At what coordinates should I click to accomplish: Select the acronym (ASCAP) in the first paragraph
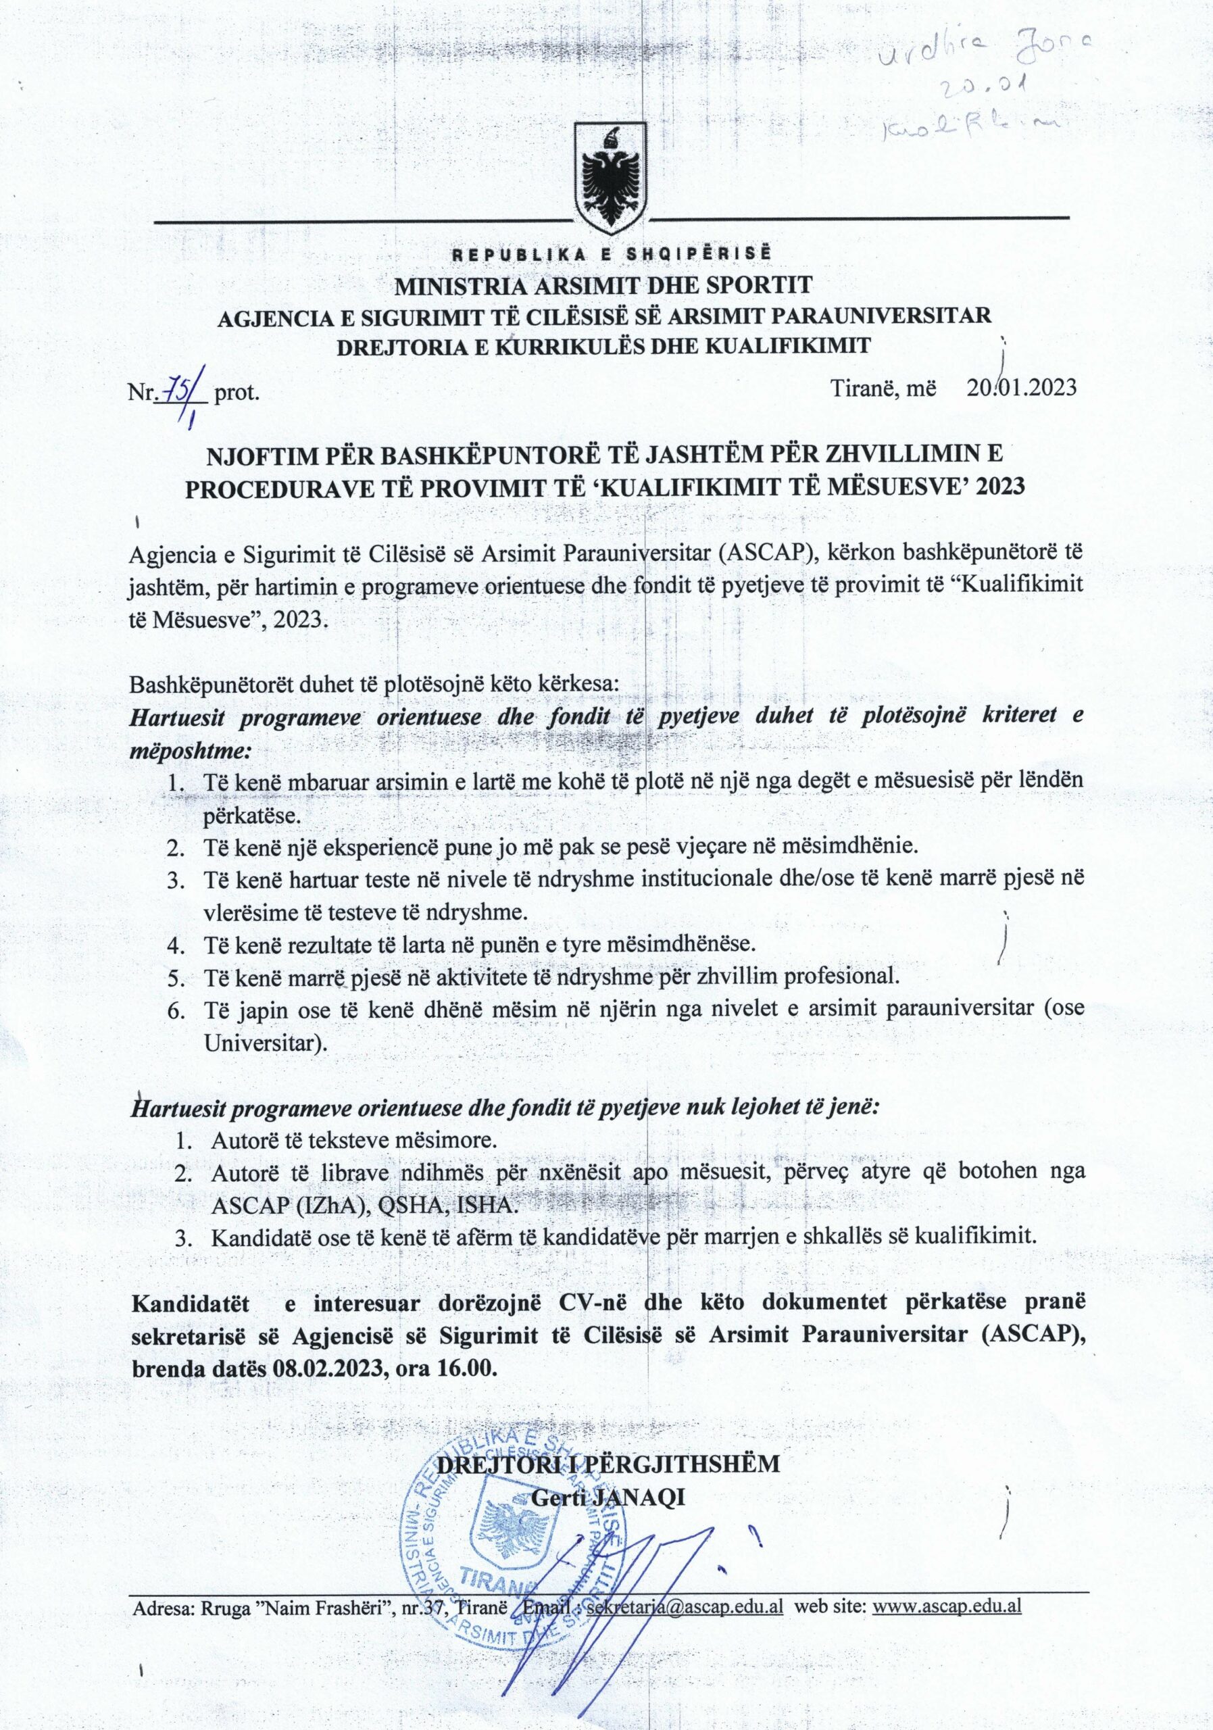[768, 552]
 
